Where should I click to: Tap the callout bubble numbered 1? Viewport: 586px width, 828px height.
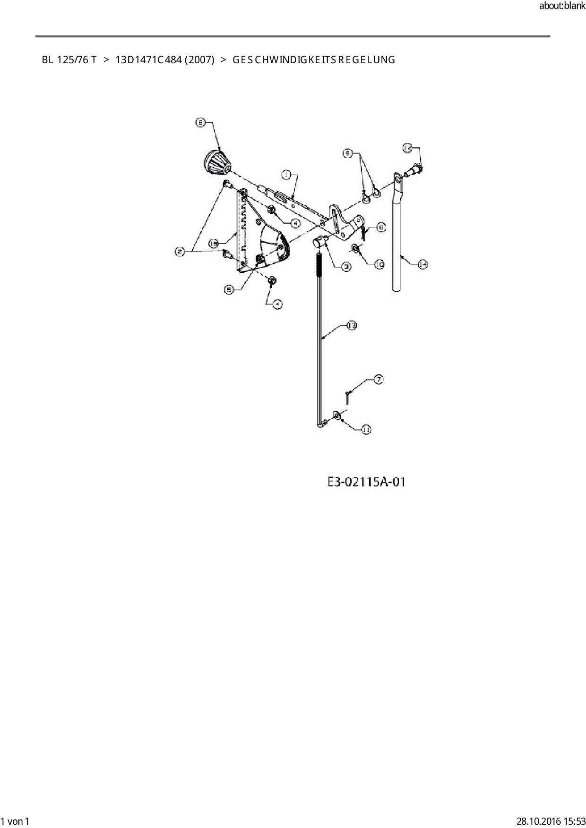coord(286,175)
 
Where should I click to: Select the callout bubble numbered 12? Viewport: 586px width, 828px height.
coord(407,148)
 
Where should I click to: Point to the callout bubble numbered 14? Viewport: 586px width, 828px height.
coord(422,265)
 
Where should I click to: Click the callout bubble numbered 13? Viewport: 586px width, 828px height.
coord(352,325)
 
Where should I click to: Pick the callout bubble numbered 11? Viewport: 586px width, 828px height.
coord(366,429)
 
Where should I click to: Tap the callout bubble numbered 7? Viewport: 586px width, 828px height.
coord(379,379)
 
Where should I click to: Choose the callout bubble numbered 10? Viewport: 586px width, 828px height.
coord(379,264)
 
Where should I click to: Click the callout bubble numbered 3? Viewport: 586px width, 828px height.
coord(346,267)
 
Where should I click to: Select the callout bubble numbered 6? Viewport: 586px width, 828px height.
coord(381,228)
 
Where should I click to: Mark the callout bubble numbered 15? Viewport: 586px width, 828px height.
coord(214,244)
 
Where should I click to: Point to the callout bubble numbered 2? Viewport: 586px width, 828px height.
coord(180,252)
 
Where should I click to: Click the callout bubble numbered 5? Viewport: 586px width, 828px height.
coord(229,290)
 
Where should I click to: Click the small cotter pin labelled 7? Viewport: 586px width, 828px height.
coord(347,396)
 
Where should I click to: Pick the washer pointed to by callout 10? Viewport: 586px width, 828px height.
coord(355,247)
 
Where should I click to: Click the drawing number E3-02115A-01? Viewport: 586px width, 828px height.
coord(366,482)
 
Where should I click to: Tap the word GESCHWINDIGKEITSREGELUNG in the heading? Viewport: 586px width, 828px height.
coord(314,60)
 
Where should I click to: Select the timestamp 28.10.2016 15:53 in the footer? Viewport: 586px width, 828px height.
coord(551,821)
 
